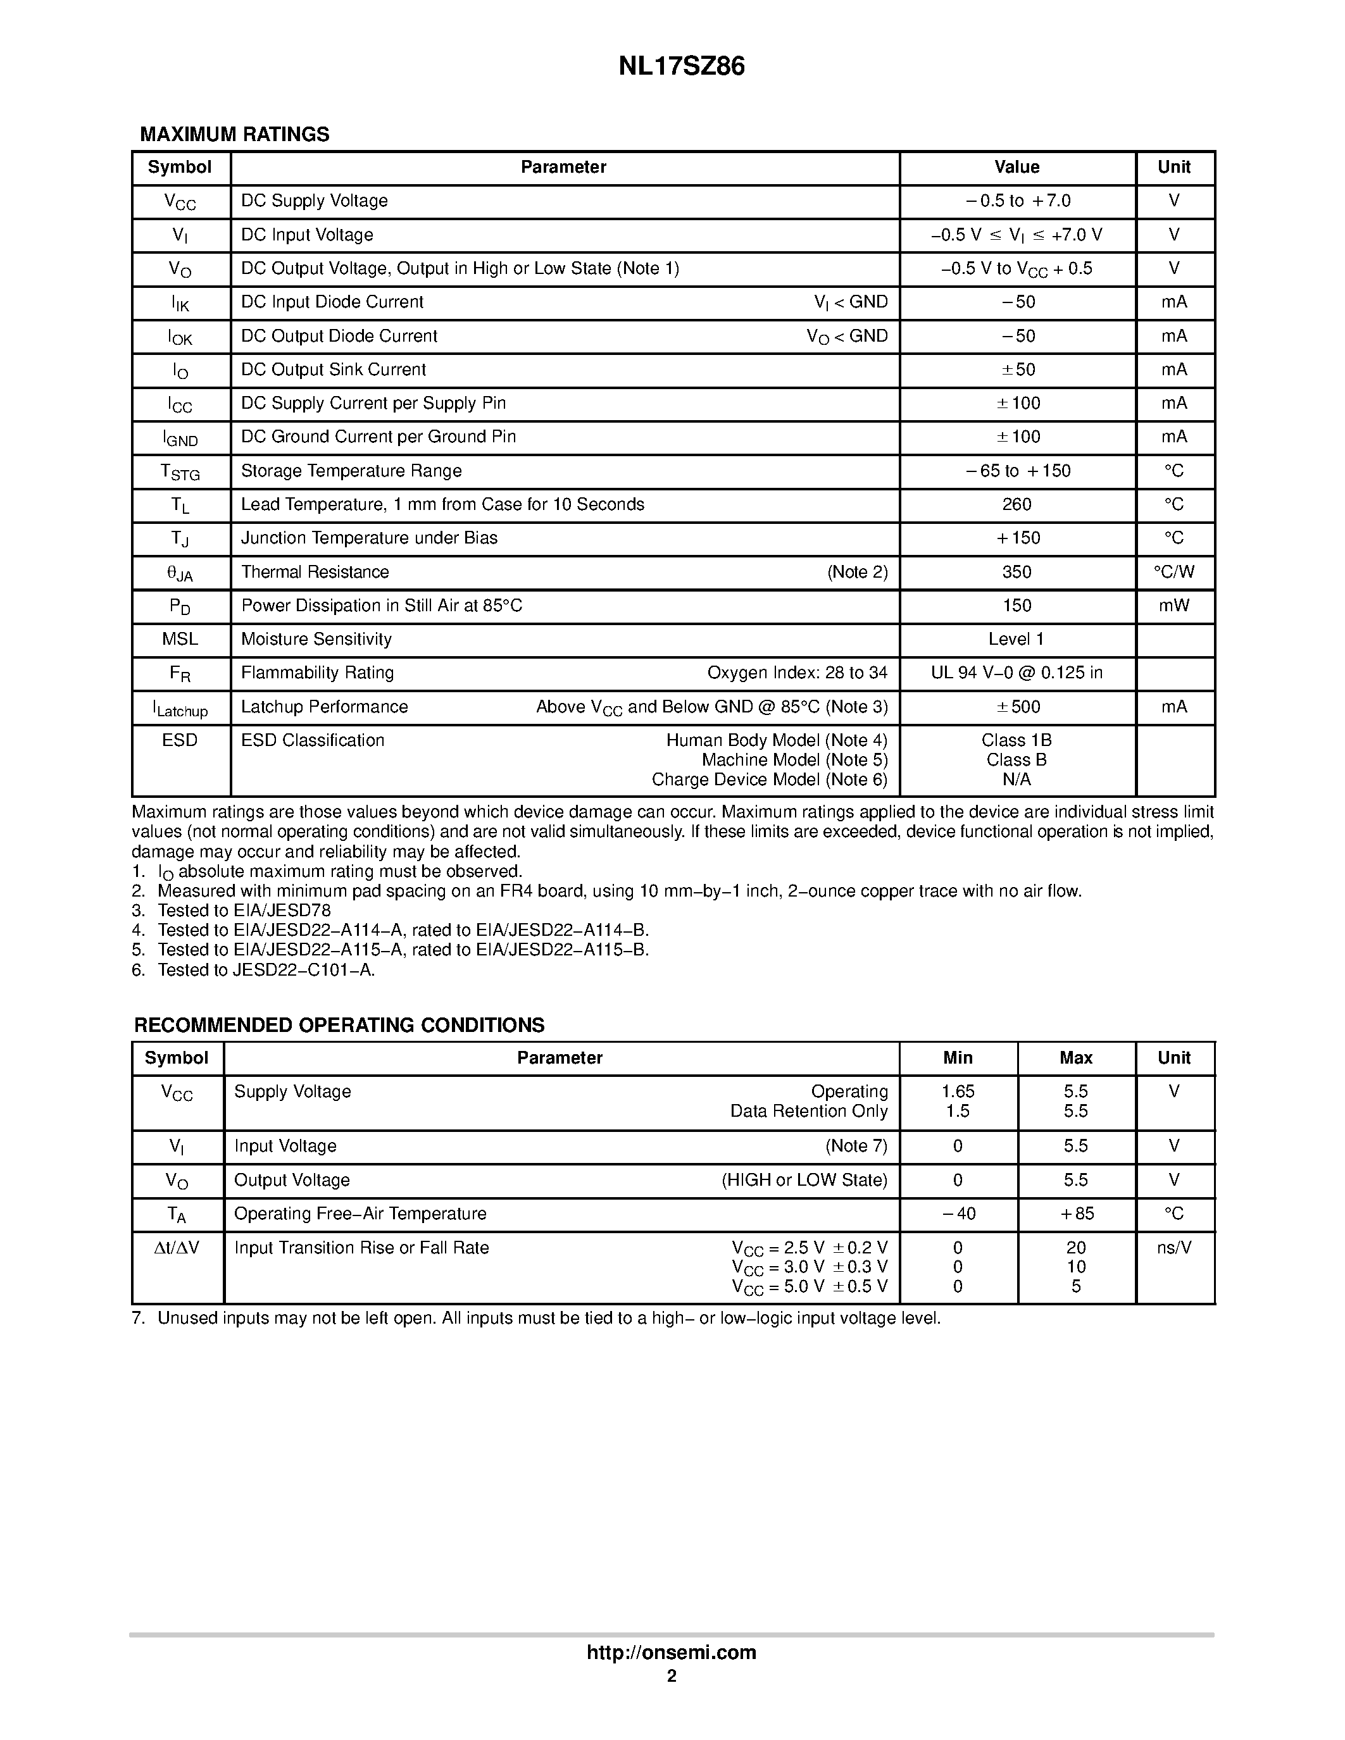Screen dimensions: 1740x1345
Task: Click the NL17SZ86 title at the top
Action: point(681,66)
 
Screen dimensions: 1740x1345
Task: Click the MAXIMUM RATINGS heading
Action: point(234,135)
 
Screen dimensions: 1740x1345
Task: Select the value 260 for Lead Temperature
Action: point(1017,504)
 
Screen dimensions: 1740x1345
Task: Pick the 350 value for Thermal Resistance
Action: point(1017,572)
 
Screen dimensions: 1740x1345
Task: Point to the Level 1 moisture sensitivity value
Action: point(1016,639)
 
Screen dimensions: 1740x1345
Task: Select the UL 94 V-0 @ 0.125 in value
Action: point(1017,673)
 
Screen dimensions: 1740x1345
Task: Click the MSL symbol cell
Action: point(180,639)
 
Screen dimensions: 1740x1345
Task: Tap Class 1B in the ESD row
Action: point(1017,740)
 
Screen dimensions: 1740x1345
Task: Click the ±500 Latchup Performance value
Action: point(1018,707)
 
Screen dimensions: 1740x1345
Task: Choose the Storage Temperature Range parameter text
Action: point(351,471)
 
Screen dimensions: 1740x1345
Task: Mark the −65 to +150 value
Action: point(1018,471)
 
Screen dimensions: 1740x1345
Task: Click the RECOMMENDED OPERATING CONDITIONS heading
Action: point(339,1026)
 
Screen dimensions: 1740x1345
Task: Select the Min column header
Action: point(958,1058)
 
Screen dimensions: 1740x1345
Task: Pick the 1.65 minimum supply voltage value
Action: point(958,1091)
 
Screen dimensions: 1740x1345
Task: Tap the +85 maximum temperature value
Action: point(1075,1214)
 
